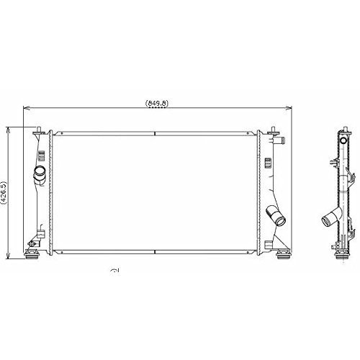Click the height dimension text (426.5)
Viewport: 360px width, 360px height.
[x=5, y=192]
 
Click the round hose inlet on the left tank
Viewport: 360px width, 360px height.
[x=40, y=174]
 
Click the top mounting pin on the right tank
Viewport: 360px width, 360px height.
[x=274, y=129]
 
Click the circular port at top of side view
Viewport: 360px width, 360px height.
[x=343, y=136]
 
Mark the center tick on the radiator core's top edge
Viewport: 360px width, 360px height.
[x=155, y=132]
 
